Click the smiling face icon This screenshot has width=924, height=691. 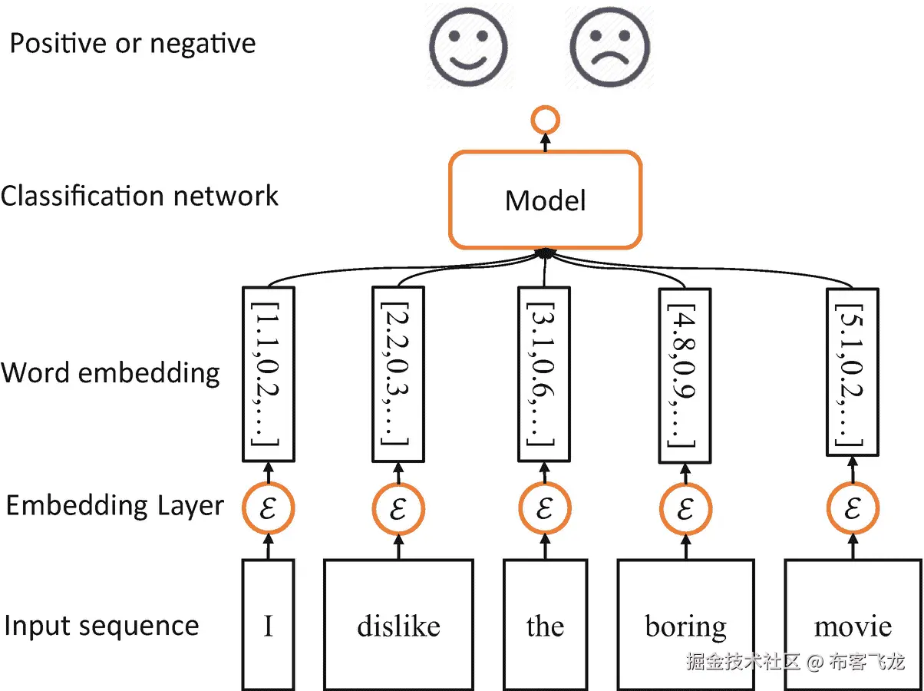coord(467,45)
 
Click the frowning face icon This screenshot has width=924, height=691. coord(612,45)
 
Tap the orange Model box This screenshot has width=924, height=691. coord(545,200)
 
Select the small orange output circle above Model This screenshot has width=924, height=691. coord(546,121)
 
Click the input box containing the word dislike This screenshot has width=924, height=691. coord(398,624)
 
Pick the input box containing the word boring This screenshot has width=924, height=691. coord(686,624)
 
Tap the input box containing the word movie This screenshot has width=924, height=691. coord(853,624)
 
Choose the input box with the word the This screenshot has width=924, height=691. coord(545,624)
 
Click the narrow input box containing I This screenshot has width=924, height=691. coord(268,624)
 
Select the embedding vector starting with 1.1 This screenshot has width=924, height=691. coord(269,374)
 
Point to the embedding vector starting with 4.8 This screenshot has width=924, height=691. coord(685,374)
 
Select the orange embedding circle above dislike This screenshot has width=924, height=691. coord(398,509)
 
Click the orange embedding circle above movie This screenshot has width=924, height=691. coord(853,509)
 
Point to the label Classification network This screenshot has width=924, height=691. coord(139,196)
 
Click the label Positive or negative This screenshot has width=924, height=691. coord(132,43)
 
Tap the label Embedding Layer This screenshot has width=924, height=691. coord(115,506)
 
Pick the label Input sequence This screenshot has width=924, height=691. coord(101,626)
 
